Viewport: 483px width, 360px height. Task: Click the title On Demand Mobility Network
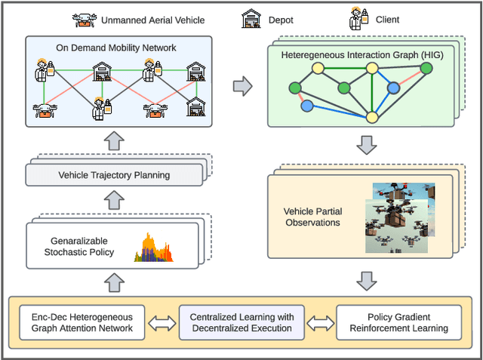(116, 48)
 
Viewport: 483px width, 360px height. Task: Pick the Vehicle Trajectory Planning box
(115, 175)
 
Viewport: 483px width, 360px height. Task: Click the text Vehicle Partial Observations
(312, 217)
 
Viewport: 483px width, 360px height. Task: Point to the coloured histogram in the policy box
(153, 248)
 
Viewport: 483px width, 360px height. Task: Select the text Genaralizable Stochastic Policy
(79, 247)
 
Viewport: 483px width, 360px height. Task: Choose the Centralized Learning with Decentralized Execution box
(241, 322)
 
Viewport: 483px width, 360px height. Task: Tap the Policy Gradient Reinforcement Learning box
(397, 322)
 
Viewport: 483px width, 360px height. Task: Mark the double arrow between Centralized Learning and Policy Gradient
(320, 322)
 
